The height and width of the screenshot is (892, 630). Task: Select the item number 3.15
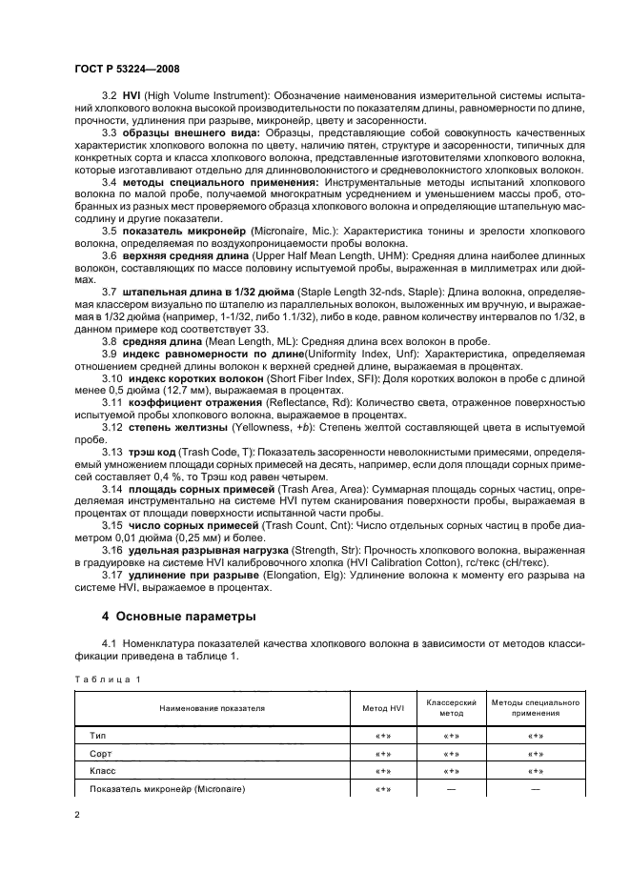tap(112, 526)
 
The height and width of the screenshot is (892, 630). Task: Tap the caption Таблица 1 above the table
tap(108, 679)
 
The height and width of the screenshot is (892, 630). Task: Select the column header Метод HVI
tap(383, 708)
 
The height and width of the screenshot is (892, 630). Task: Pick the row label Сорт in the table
tap(100, 753)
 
